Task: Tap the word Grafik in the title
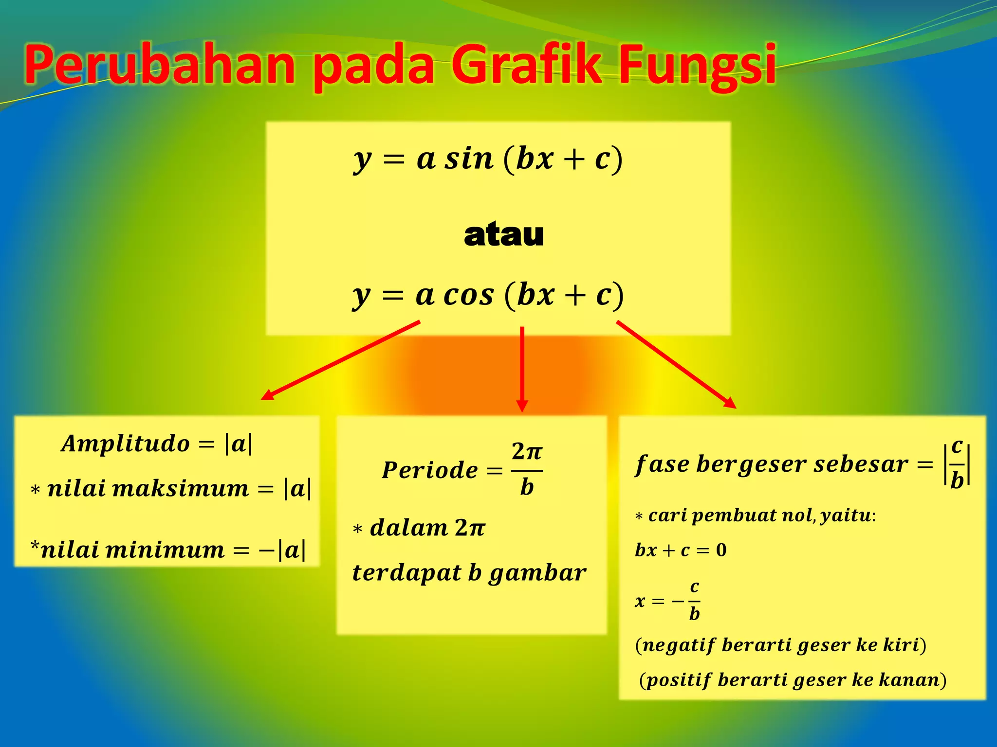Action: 527,64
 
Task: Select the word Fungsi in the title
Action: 697,65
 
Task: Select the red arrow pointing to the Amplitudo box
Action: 341,360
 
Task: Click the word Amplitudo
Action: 125,444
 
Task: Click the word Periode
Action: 430,470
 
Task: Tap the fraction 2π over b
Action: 527,469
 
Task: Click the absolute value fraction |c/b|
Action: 957,464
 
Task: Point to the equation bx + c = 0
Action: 681,550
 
